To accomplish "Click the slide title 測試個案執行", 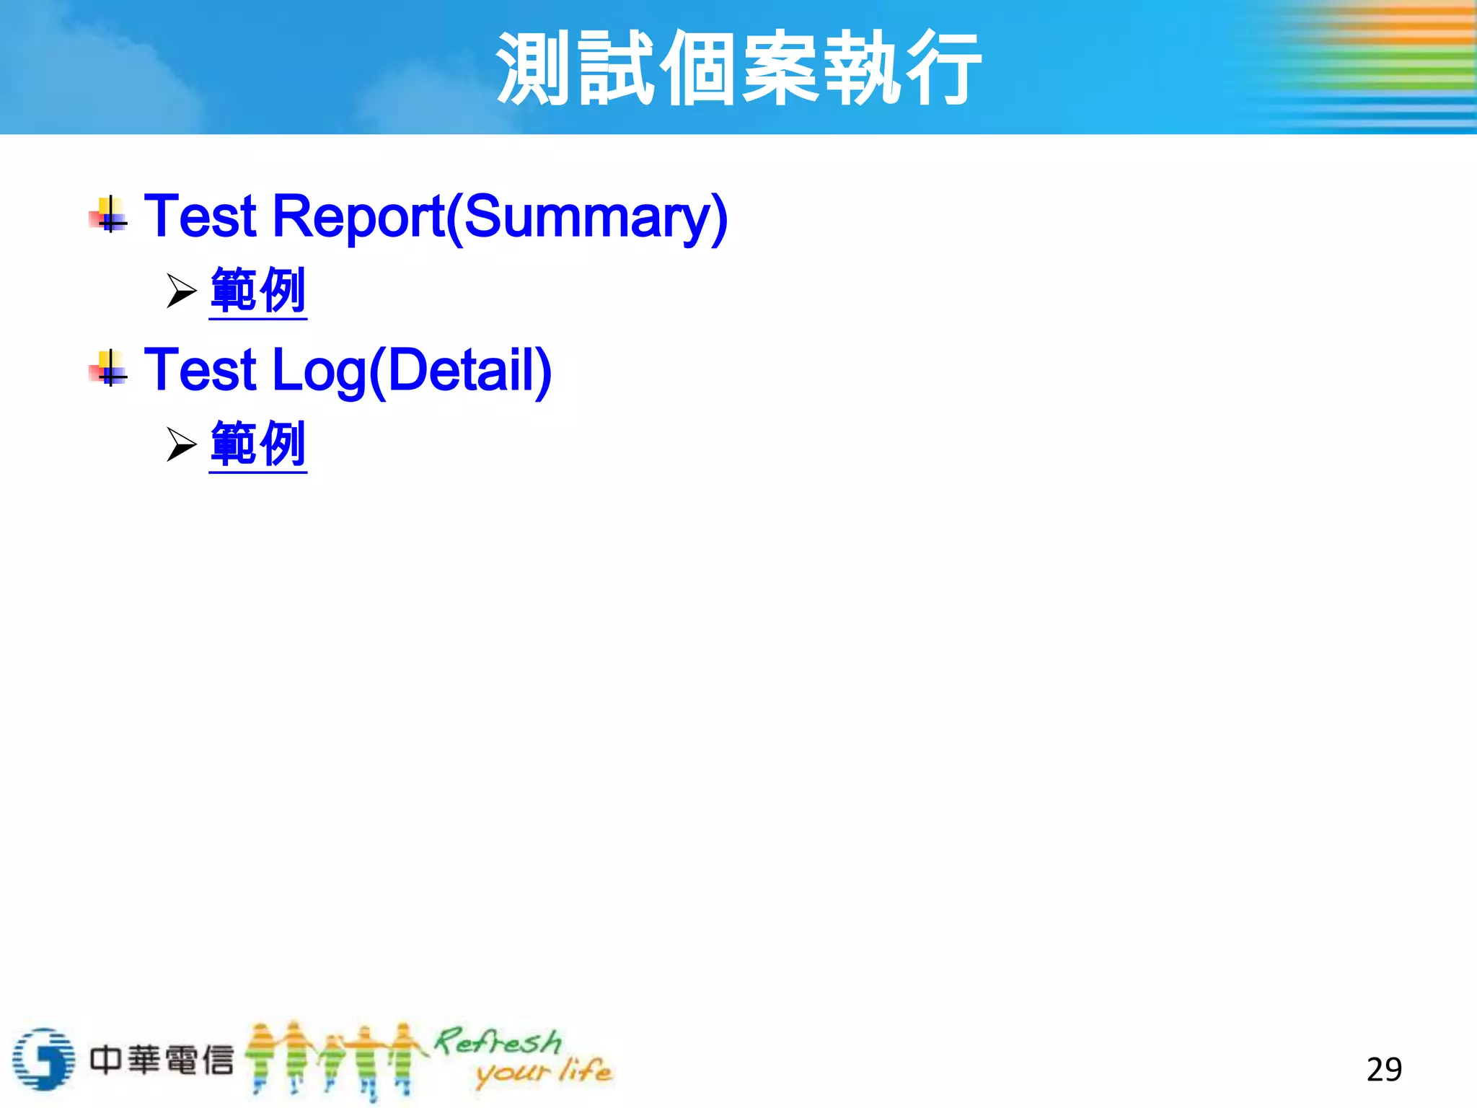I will point(738,68).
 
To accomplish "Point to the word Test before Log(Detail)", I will point(200,370).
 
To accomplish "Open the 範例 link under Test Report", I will point(258,290).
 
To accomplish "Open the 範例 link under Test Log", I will point(258,444).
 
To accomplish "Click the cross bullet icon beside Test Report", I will point(109,215).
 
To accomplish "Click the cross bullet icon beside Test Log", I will point(109,369).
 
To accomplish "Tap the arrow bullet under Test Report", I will point(181,291).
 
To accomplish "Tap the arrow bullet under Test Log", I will point(181,444).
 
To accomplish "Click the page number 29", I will point(1384,1069).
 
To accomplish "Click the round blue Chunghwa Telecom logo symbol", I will point(43,1059).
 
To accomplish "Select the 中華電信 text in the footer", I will point(162,1060).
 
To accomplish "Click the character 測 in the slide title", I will point(534,68).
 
